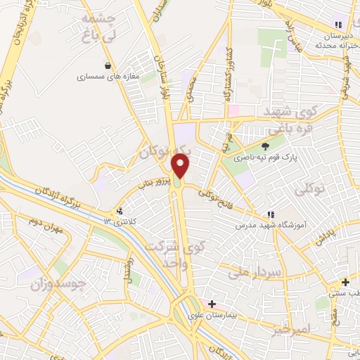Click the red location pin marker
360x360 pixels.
(x=181, y=166)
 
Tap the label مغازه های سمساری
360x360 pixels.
(x=78, y=75)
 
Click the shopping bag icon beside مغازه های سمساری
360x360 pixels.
(x=108, y=66)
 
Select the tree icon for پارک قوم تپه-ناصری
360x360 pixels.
(x=264, y=146)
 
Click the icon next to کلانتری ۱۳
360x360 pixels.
(x=120, y=210)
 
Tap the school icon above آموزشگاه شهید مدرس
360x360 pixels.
(x=271, y=215)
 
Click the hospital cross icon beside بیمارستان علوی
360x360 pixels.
(x=212, y=304)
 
